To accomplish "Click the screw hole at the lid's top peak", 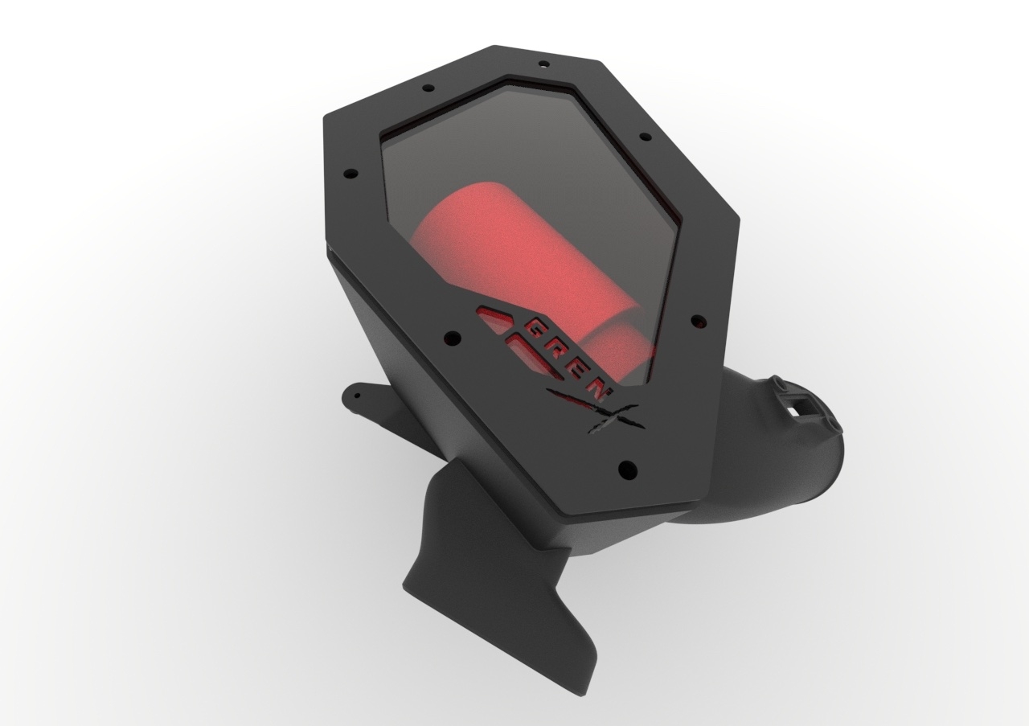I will (544, 64).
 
